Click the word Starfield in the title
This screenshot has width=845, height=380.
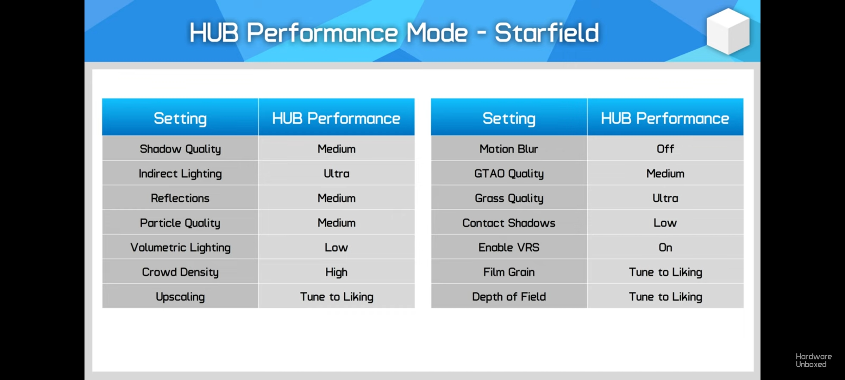[x=546, y=33]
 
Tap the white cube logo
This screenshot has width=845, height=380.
[x=728, y=31]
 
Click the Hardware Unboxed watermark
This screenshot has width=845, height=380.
[x=814, y=360]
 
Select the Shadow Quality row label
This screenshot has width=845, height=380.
[x=180, y=149]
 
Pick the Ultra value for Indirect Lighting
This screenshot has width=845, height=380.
[x=337, y=173]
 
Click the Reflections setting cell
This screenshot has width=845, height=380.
[x=180, y=198]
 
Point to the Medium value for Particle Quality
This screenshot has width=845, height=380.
[x=337, y=223]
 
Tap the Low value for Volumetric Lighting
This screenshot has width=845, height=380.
[x=337, y=247]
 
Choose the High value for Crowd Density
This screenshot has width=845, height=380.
[x=337, y=272]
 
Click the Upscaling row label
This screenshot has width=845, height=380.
[x=180, y=297]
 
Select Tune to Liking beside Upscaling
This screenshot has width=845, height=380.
[x=337, y=297]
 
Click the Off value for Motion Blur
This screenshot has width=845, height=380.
[x=665, y=149]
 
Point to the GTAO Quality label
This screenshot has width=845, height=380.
[x=509, y=174]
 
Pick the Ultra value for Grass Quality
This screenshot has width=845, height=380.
[x=665, y=198]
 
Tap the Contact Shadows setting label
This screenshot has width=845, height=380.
[x=509, y=223]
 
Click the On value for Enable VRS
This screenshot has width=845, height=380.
[x=665, y=247]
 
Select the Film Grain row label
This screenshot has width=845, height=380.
[x=509, y=272]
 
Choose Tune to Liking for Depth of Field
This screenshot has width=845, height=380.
[x=665, y=297]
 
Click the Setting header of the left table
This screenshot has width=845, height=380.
[x=180, y=119]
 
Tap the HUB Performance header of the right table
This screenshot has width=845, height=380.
[x=665, y=118]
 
